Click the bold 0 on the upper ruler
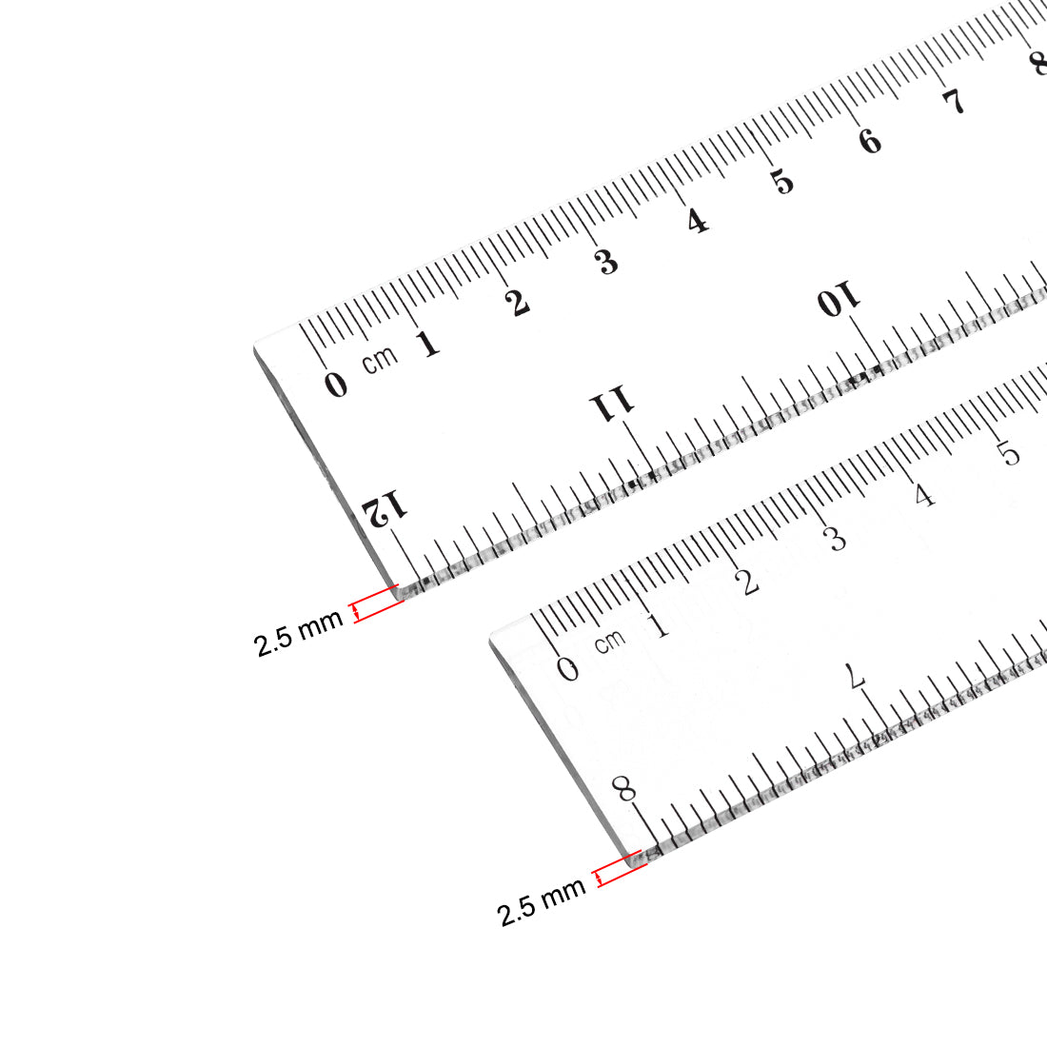335,385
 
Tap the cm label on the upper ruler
380,360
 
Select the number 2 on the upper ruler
517,303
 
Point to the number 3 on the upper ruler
607,262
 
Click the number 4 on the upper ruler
698,222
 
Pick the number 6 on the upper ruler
870,142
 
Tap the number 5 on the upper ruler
782,181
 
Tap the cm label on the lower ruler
610,641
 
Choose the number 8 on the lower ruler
624,788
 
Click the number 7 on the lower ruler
856,678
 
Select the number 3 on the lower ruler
835,539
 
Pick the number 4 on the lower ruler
923,495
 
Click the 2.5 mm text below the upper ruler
298,635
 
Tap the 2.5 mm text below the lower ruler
541,903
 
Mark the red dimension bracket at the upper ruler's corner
376,603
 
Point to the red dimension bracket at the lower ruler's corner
621,870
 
